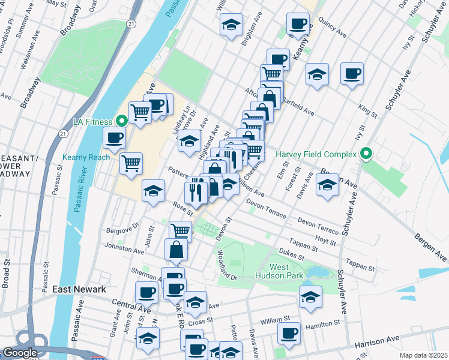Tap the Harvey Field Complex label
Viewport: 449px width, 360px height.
pyautogui.click(x=316, y=154)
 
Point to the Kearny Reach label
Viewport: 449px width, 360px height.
pyautogui.click(x=86, y=157)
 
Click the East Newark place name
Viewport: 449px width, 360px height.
pyautogui.click(x=79, y=289)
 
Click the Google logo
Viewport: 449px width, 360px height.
pyautogui.click(x=20, y=353)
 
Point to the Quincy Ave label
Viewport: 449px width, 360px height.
pyautogui.click(x=333, y=31)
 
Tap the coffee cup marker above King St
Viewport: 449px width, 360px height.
pyautogui.click(x=352, y=74)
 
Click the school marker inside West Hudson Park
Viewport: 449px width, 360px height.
pyautogui.click(x=310, y=297)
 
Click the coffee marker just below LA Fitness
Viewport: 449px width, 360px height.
pyautogui.click(x=114, y=137)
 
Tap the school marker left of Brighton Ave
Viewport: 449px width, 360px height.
pyautogui.click(x=231, y=25)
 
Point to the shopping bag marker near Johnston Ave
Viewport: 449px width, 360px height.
pyautogui.click(x=175, y=250)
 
